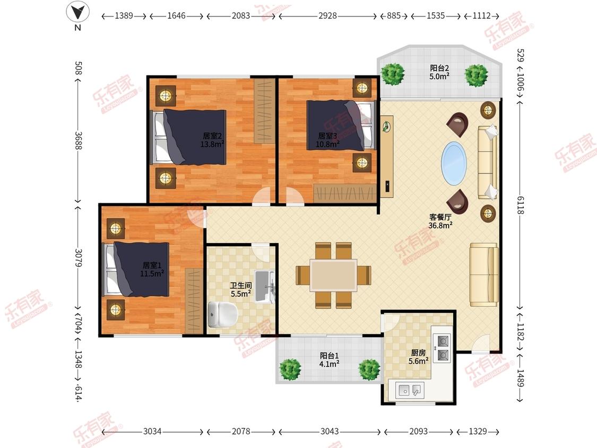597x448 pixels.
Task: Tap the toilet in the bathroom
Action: coord(223,315)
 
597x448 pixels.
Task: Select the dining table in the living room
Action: coord(333,275)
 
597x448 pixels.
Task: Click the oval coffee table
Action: coord(454,163)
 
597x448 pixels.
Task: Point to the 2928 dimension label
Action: coord(327,15)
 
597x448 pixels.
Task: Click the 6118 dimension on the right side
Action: coord(521,205)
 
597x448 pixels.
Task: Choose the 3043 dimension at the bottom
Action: coord(330,431)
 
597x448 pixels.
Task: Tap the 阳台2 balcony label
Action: coord(439,68)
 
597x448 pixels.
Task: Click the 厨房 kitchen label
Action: coord(419,353)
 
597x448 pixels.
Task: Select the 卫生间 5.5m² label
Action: coord(240,289)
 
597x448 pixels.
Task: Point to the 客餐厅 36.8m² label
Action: coord(440,221)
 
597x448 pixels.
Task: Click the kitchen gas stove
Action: coord(443,348)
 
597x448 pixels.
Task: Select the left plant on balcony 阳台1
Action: coord(290,369)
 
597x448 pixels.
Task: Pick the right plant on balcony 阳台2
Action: coord(477,75)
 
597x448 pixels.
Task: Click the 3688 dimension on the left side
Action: coord(78,141)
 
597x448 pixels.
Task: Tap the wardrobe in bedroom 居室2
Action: coord(265,111)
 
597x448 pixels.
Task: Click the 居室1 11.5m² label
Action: coord(152,269)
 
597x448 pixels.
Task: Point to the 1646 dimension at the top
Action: coord(176,15)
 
